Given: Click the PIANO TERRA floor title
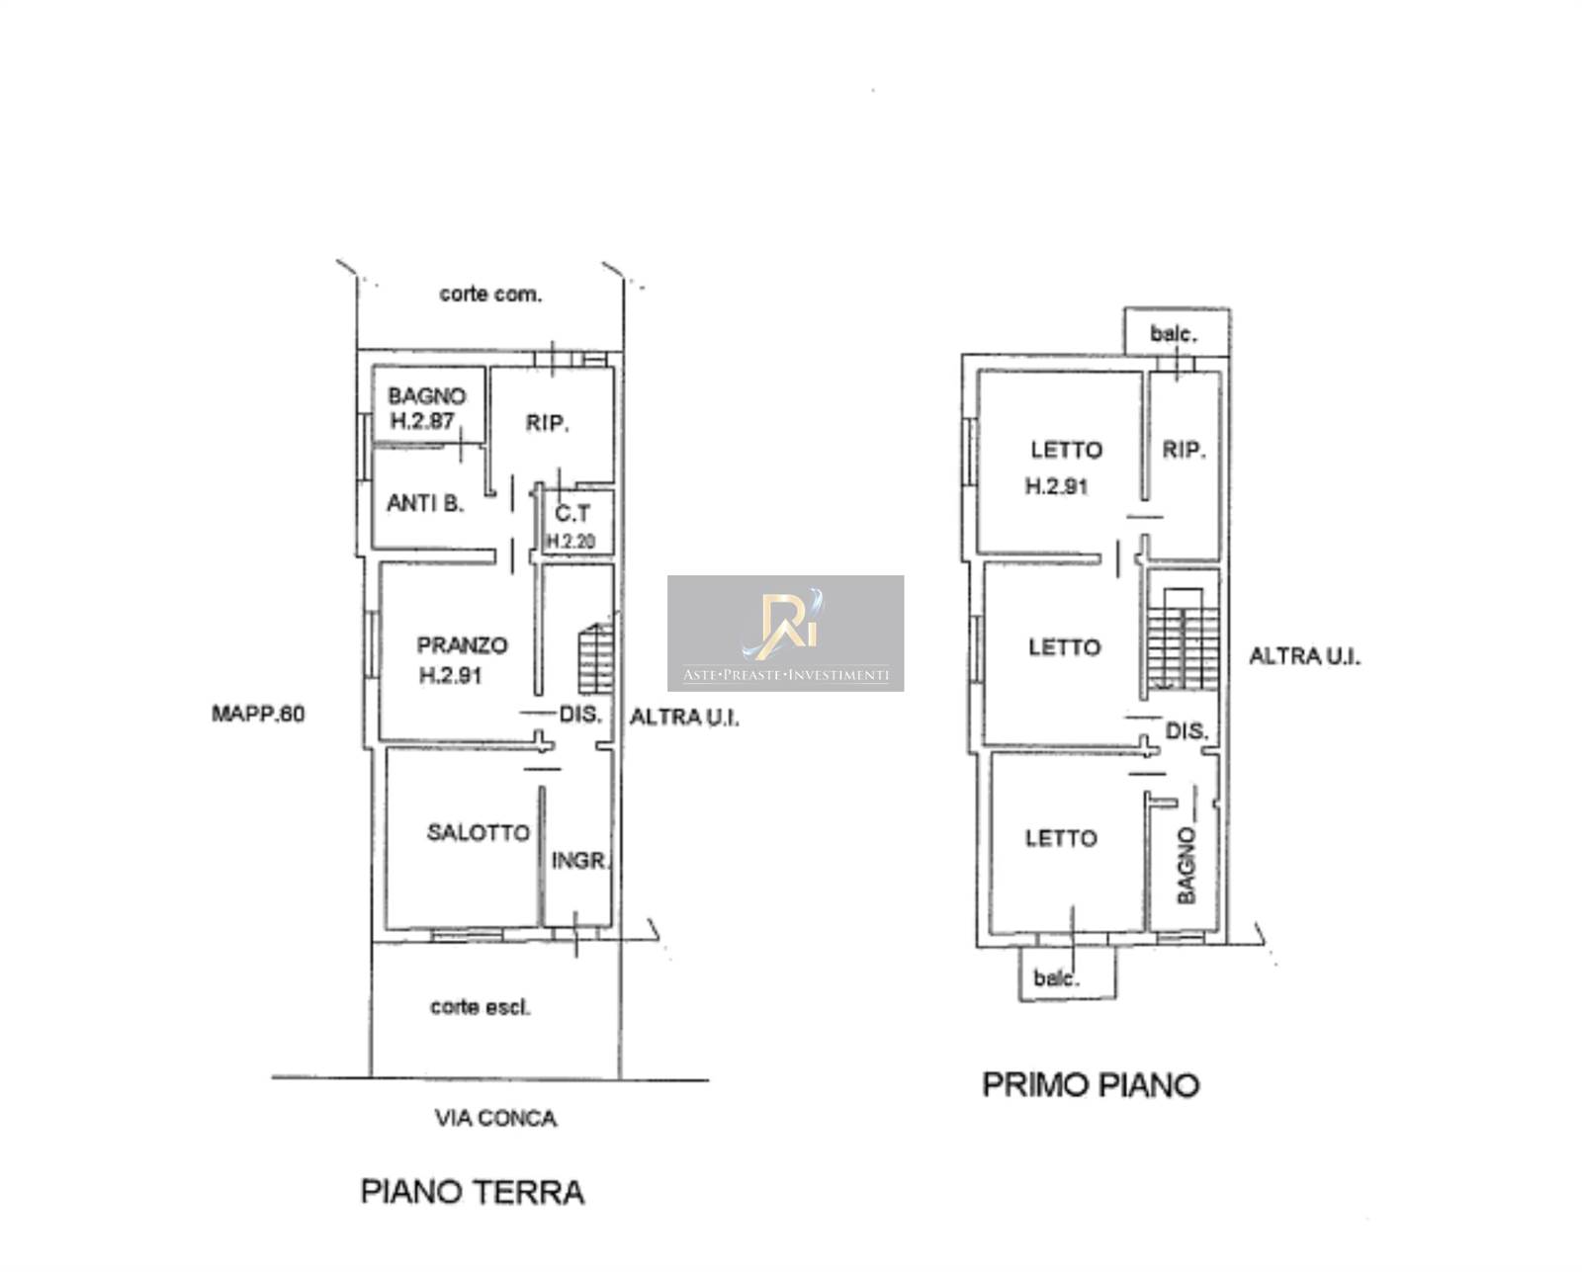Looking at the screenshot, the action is pyautogui.click(x=473, y=1192).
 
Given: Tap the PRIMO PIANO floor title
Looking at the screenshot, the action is pyautogui.click(x=1091, y=1084).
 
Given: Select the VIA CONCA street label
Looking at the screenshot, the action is pyautogui.click(x=496, y=1119).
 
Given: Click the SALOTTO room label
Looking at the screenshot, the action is pyautogui.click(x=479, y=832).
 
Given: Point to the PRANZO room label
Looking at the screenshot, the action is pyautogui.click(x=463, y=645).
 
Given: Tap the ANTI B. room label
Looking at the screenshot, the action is pyautogui.click(x=425, y=503).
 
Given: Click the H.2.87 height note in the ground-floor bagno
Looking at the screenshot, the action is pyautogui.click(x=423, y=421).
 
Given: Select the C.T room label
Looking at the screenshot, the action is pyautogui.click(x=572, y=513).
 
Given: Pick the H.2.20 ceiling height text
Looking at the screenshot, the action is pyautogui.click(x=571, y=542).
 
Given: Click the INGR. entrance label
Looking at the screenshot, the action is pyautogui.click(x=581, y=861).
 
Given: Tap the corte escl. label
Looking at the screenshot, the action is pyautogui.click(x=481, y=1007).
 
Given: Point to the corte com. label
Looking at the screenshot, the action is pyautogui.click(x=490, y=294).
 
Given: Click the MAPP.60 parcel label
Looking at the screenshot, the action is pyautogui.click(x=258, y=714).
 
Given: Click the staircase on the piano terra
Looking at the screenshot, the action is pyautogui.click(x=595, y=658).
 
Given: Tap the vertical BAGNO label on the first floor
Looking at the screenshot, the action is pyautogui.click(x=1186, y=866).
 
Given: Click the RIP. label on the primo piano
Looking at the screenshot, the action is pyautogui.click(x=1184, y=450).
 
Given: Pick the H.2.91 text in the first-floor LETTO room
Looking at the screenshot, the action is pyautogui.click(x=1056, y=486).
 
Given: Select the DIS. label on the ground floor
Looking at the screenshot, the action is pyautogui.click(x=580, y=715).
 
